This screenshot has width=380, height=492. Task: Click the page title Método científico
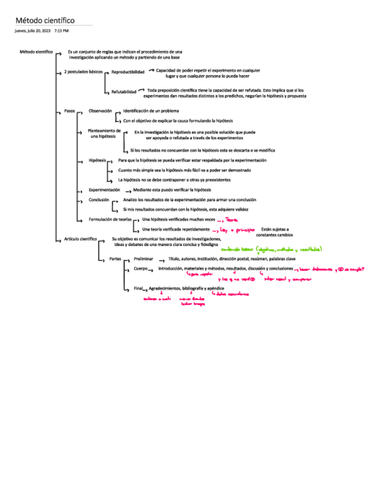click(x=45, y=21)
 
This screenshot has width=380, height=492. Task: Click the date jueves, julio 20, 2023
click(x=32, y=30)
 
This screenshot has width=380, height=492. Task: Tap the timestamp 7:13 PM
click(x=61, y=30)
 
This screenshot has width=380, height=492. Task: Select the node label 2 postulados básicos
click(x=84, y=72)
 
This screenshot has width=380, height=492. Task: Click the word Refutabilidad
click(x=124, y=92)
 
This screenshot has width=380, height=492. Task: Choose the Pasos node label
click(x=70, y=110)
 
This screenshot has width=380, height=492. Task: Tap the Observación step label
click(x=100, y=110)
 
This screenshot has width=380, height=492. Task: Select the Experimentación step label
click(x=104, y=190)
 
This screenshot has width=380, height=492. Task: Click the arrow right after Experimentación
click(x=127, y=190)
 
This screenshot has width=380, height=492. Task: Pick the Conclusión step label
click(x=99, y=200)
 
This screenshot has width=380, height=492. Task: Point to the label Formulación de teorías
click(x=110, y=220)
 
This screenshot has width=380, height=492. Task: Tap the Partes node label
click(x=115, y=259)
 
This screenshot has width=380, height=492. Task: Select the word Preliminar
click(x=144, y=259)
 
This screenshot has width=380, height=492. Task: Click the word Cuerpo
click(x=140, y=269)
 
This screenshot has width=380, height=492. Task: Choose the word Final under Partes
click(x=138, y=288)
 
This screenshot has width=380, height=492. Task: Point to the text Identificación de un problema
click(x=151, y=110)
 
